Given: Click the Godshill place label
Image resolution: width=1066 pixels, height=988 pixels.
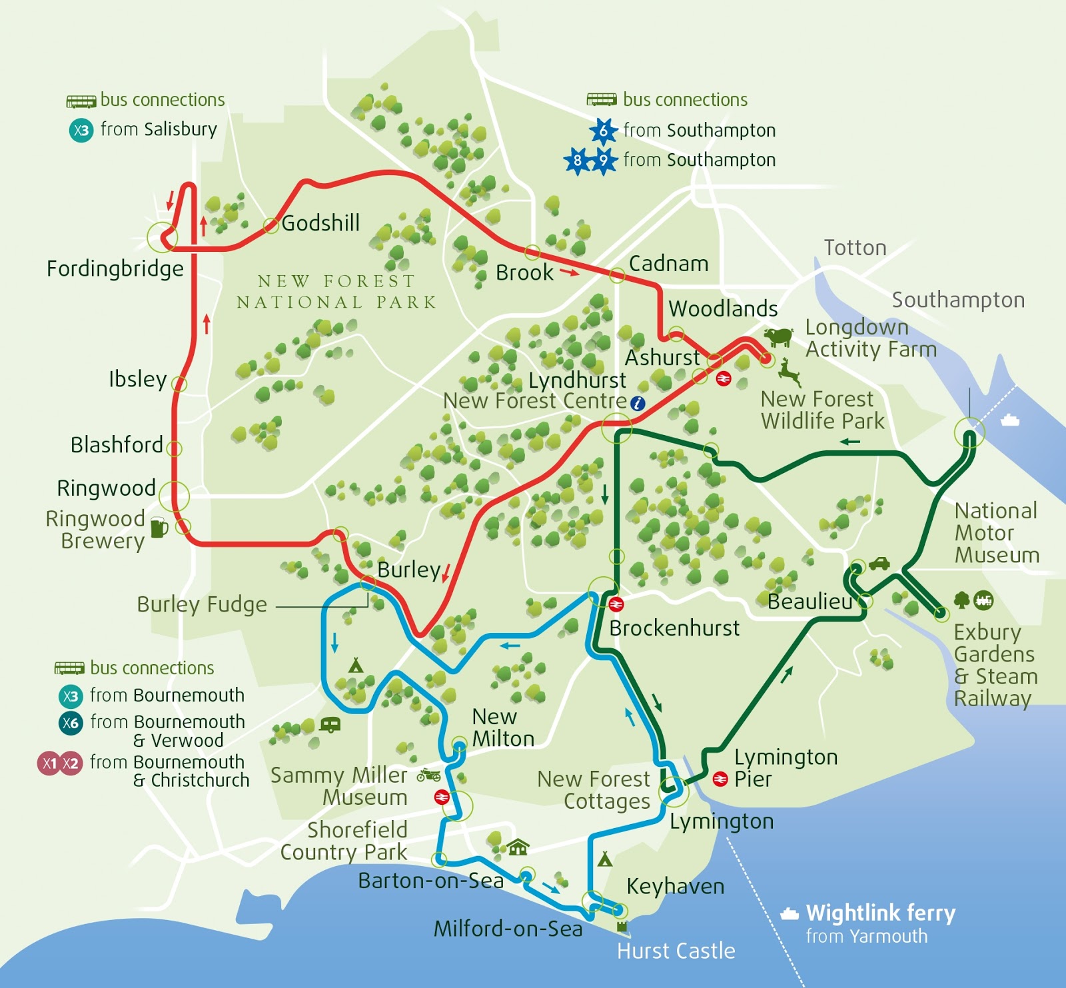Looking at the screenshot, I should (320, 223).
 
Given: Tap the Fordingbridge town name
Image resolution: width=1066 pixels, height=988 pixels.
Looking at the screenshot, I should (115, 268).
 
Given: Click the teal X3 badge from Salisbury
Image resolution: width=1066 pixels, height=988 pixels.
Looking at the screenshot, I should (81, 130).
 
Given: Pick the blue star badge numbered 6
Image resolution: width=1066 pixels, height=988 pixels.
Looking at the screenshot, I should (603, 131).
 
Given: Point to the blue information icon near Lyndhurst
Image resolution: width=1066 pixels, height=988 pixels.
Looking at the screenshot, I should (638, 403).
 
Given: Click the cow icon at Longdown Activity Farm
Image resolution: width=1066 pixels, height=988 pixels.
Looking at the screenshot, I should (778, 336).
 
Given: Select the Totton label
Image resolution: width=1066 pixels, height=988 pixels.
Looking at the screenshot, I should (855, 248).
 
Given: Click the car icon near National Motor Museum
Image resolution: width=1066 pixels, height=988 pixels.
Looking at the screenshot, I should (879, 564).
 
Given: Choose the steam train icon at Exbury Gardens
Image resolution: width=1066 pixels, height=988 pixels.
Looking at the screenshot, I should (983, 600).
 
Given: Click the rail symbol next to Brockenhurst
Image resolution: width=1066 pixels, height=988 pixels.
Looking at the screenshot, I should (616, 604).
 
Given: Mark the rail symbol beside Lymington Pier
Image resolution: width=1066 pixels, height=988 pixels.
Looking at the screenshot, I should (720, 779).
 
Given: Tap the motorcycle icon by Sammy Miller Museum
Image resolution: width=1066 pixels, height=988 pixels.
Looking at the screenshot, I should (428, 775).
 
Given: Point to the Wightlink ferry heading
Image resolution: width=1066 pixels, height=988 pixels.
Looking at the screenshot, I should (880, 912).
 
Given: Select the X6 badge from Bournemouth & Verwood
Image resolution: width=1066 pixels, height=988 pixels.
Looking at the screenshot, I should (70, 723).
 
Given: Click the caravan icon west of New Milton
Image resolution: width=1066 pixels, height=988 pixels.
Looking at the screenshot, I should (330, 724).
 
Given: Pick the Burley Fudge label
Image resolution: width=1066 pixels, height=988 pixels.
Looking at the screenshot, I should (202, 604).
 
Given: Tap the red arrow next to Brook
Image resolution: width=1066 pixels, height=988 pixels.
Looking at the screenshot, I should (570, 272).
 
